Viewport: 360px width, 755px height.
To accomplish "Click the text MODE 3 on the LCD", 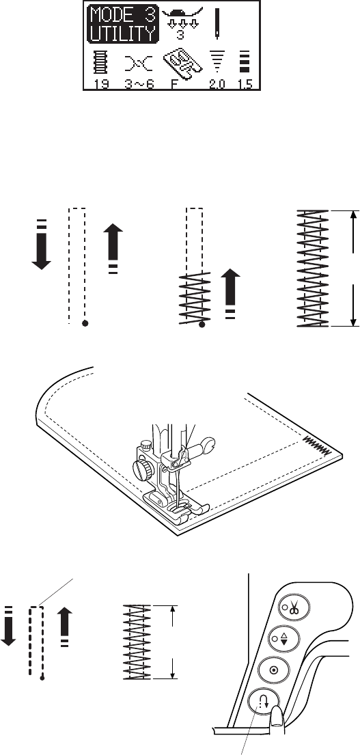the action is pos(122,16).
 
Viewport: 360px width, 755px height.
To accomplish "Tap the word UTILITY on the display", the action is pos(122,33).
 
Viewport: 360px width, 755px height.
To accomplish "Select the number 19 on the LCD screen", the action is pos(102,84).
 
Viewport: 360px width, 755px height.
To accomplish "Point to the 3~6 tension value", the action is pos(139,84).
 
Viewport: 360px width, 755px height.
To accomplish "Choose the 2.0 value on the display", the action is pos(217,84).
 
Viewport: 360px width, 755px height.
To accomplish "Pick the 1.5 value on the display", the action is pos(245,84).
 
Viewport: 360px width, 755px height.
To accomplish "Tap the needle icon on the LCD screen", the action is pos(217,23).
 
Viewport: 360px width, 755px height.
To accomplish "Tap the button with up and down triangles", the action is pos(286,637).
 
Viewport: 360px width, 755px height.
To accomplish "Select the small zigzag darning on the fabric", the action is pos(317,444).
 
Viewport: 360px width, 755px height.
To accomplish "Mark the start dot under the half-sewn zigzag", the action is pos(202,325).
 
